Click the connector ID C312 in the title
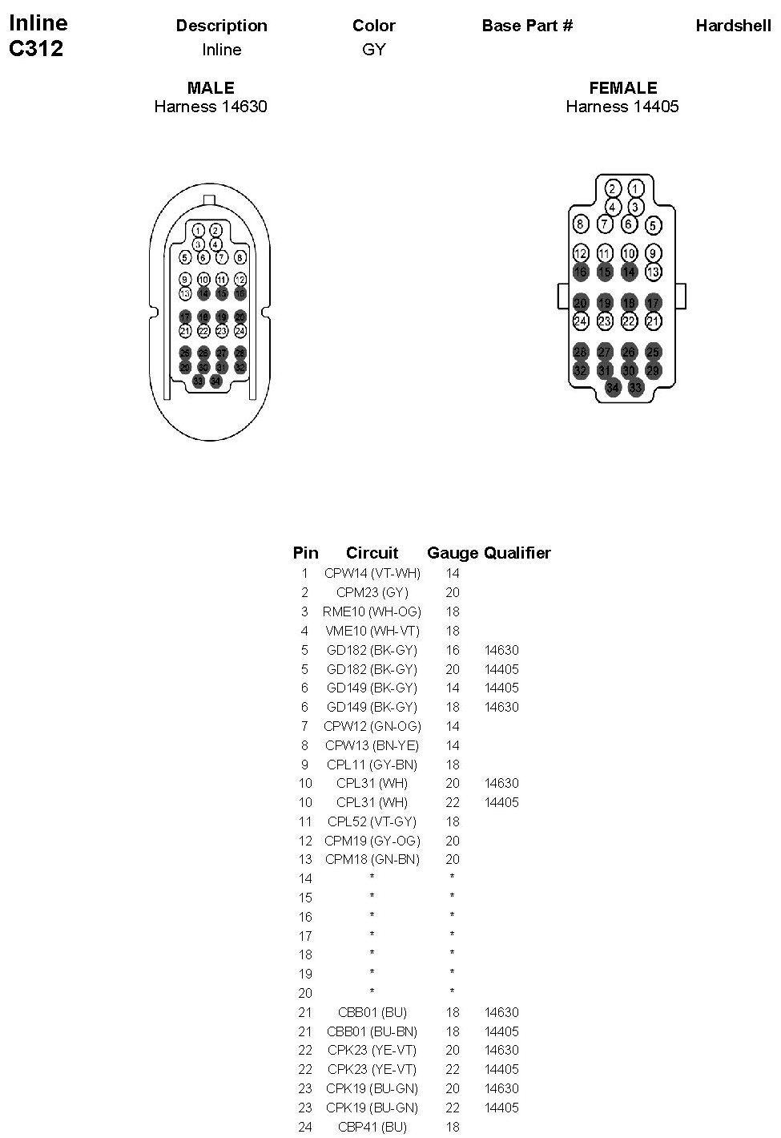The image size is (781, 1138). (35, 49)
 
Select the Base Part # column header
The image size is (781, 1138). (527, 26)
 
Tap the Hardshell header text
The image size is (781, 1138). (733, 26)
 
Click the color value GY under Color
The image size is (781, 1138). (373, 50)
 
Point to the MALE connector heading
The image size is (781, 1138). (211, 88)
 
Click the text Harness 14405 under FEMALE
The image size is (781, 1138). (622, 107)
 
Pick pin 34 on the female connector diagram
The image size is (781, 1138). (613, 387)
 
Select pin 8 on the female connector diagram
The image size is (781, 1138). (581, 224)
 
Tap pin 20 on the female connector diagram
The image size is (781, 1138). (581, 303)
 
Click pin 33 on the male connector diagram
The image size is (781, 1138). (198, 381)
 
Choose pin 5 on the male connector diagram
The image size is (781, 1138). (185, 258)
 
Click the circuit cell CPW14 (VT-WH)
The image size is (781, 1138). (372, 573)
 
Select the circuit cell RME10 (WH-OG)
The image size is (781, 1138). (372, 611)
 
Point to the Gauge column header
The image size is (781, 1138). (453, 553)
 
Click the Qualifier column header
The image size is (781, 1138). (517, 553)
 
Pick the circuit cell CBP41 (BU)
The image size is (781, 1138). (372, 1127)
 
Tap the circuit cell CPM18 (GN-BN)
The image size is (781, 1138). (372, 859)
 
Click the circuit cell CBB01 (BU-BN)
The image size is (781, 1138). (372, 1031)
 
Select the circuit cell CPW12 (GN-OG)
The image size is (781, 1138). (372, 726)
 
